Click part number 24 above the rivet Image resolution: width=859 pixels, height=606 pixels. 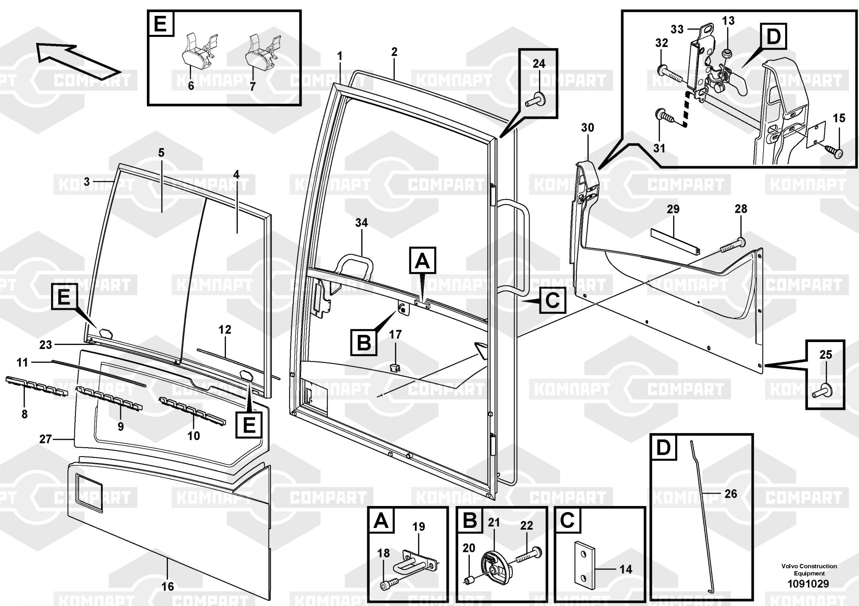pyautogui.click(x=539, y=64)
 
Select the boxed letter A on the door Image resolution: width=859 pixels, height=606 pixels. pyautogui.click(x=423, y=261)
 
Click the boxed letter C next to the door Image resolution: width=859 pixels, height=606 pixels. pyautogui.click(x=552, y=300)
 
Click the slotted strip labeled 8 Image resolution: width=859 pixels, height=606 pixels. pyautogui.click(x=37, y=386)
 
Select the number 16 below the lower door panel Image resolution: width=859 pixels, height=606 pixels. pyautogui.click(x=168, y=586)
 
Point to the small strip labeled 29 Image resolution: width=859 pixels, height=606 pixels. pyautogui.click(x=676, y=242)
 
